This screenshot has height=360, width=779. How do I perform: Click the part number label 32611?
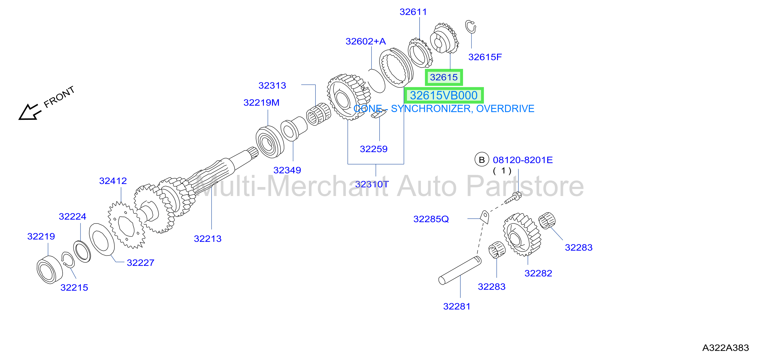[413, 12]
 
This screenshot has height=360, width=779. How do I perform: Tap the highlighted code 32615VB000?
[444, 96]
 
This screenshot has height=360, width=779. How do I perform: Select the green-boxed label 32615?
[444, 77]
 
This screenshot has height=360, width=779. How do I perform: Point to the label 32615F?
[485, 57]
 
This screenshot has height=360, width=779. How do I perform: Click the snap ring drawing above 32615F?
[470, 27]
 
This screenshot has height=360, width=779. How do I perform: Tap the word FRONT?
[59, 97]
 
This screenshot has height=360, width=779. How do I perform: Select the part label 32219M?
[261, 103]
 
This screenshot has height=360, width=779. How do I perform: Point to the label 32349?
[287, 170]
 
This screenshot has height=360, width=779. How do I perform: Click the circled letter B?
[482, 160]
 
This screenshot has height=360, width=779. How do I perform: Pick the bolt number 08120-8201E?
[522, 160]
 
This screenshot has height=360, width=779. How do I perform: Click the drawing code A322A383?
[725, 348]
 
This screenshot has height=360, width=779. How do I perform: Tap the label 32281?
[457, 306]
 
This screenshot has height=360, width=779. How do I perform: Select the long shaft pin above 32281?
[460, 270]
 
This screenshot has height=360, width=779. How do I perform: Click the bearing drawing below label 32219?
[50, 270]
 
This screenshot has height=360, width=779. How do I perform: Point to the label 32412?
[113, 181]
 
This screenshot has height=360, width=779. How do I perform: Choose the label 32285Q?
[431, 219]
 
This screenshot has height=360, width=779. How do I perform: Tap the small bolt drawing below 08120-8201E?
[513, 198]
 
